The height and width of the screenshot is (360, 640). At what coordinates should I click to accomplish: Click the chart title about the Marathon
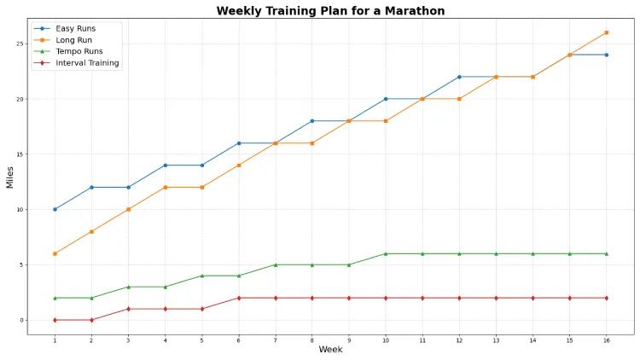pyautogui.click(x=330, y=11)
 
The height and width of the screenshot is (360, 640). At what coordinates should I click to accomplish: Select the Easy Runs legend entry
pyautogui.click(x=75, y=28)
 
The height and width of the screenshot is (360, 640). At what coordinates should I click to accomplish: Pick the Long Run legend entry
pyautogui.click(x=73, y=40)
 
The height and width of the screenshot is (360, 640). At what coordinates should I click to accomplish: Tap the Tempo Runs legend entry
pyautogui.click(x=79, y=51)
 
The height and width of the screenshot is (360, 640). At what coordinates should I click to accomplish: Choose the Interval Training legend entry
pyautogui.click(x=87, y=63)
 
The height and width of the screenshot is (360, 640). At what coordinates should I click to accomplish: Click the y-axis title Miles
pyautogui.click(x=10, y=177)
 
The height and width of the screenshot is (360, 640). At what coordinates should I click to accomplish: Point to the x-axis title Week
pyautogui.click(x=330, y=350)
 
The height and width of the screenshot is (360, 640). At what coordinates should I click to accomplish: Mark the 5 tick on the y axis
pyautogui.click(x=20, y=264)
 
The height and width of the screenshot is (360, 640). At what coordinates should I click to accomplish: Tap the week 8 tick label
pyautogui.click(x=312, y=340)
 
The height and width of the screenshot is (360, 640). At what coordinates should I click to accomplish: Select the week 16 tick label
pyautogui.click(x=607, y=340)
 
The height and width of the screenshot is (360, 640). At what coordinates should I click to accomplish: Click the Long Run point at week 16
pyautogui.click(x=607, y=32)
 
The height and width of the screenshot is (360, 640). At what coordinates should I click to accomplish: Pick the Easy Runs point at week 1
pyautogui.click(x=55, y=209)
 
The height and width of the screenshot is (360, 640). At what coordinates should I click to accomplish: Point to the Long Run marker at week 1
pyautogui.click(x=55, y=253)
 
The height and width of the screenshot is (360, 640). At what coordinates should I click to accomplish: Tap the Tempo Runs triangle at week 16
pyautogui.click(x=607, y=253)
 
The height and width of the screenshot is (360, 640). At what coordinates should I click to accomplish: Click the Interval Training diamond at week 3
pyautogui.click(x=128, y=309)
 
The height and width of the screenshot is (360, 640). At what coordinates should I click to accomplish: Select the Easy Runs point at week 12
pyautogui.click(x=459, y=77)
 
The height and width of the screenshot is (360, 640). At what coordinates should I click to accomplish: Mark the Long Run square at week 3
pyautogui.click(x=128, y=209)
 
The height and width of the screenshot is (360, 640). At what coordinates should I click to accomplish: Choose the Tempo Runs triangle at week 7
pyautogui.click(x=276, y=264)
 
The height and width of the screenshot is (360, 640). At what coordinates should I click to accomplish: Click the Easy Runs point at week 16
pyautogui.click(x=607, y=55)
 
